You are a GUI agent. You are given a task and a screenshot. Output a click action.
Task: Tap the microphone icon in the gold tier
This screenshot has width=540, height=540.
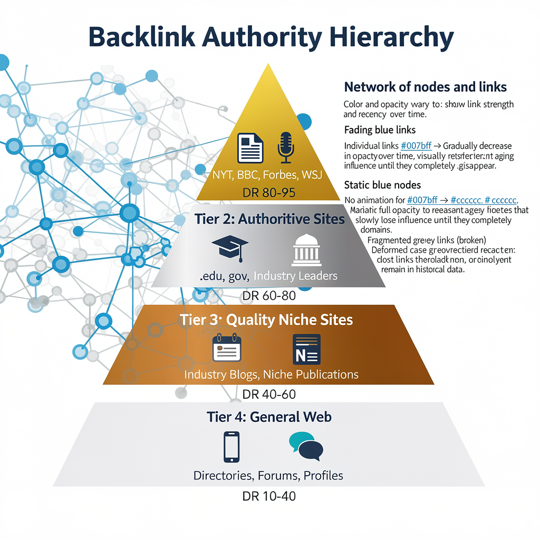pyautogui.click(x=286, y=148)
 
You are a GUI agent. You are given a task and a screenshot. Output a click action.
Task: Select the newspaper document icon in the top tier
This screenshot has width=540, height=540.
pyautogui.click(x=250, y=148)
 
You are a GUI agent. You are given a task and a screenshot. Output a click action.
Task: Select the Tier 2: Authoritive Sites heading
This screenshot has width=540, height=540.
pyautogui.click(x=269, y=219)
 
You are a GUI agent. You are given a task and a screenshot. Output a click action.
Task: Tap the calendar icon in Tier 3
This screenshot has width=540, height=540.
pyautogui.click(x=226, y=348)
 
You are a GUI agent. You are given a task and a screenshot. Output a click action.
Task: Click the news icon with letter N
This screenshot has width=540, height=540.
pyautogui.click(x=306, y=349)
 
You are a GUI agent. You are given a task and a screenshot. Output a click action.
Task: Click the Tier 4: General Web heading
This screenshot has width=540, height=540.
pyautogui.click(x=269, y=417)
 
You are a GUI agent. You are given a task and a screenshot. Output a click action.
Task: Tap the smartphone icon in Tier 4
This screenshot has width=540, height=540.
pyautogui.click(x=232, y=447)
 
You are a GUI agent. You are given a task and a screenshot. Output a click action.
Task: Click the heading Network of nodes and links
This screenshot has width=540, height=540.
pyautogui.click(x=425, y=87)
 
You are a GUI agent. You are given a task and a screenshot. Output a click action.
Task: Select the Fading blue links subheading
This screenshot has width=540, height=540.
pyautogui.click(x=380, y=130)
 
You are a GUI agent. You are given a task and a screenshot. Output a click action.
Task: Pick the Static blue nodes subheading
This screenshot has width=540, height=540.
pyautogui.click(x=382, y=185)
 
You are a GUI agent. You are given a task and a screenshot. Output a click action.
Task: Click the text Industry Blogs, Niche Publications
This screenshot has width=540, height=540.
pyautogui.click(x=271, y=375)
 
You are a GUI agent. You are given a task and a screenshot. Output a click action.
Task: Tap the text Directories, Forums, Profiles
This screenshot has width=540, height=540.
pyautogui.click(x=268, y=476)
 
